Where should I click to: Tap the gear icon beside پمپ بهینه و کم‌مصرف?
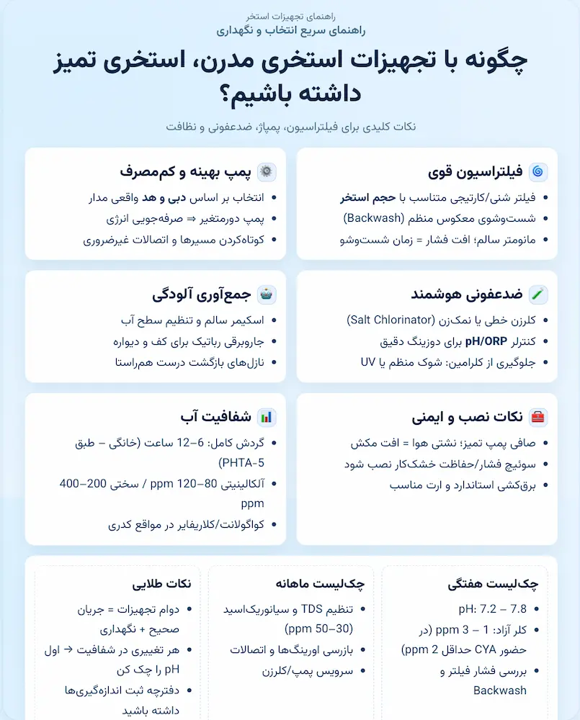[267, 172]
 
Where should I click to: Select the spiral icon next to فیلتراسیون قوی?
[538, 172]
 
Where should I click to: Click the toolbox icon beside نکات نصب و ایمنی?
[538, 417]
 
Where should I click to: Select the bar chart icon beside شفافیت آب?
[267, 417]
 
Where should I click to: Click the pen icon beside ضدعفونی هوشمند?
[538, 294]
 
